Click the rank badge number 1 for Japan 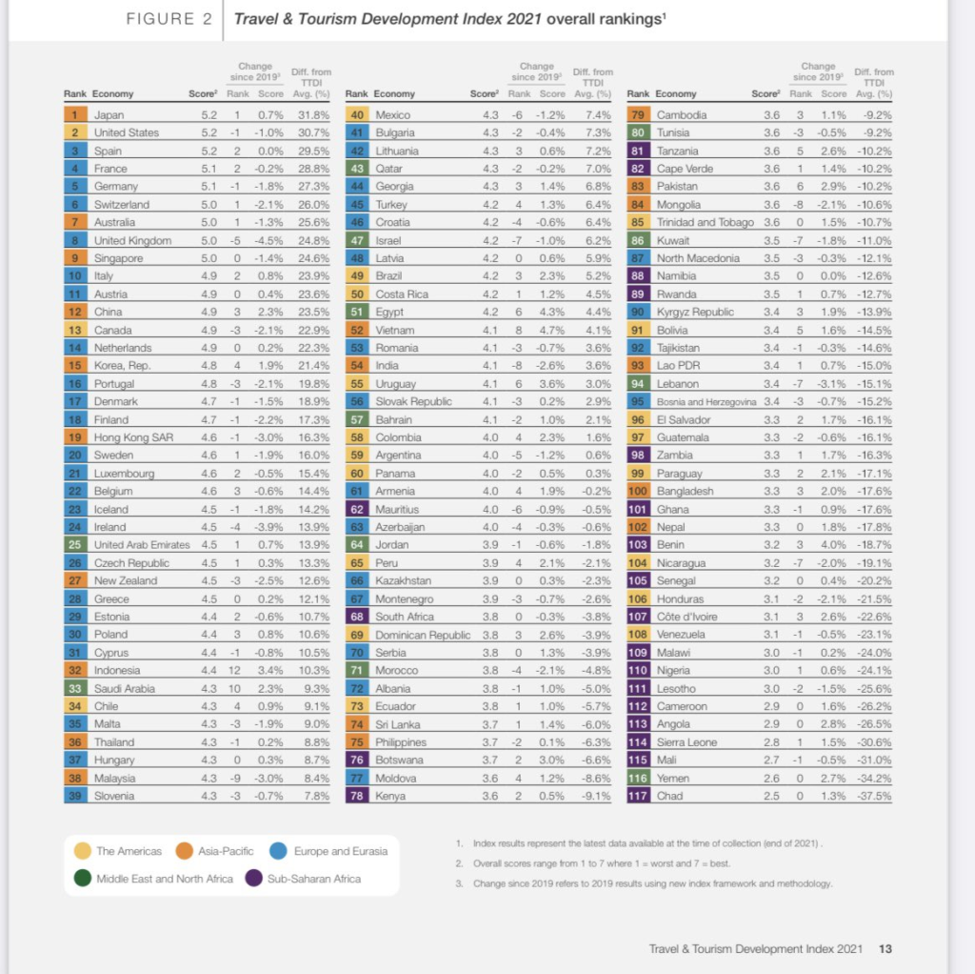(74, 115)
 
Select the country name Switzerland (121, 205)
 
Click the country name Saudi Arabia (126, 688)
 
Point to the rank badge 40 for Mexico (356, 115)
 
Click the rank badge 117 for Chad (638, 796)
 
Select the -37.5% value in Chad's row (874, 796)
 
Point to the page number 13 (885, 948)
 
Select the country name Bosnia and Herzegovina (703, 402)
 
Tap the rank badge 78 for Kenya (356, 796)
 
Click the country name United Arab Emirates (141, 545)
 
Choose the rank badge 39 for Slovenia (74, 796)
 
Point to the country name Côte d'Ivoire (687, 617)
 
